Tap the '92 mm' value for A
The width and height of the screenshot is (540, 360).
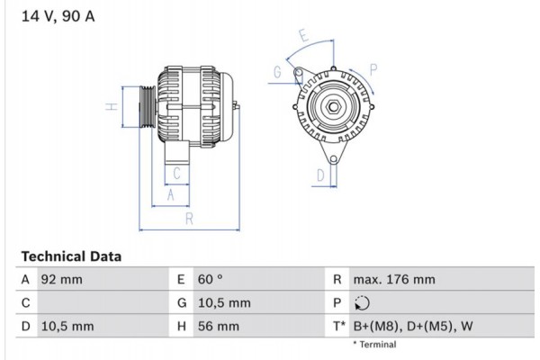(x=62, y=280)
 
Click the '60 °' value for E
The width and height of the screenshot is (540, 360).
(x=211, y=280)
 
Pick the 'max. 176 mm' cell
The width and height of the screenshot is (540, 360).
(x=394, y=280)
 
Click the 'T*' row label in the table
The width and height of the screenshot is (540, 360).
(x=338, y=327)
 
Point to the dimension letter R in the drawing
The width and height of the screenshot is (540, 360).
(x=188, y=219)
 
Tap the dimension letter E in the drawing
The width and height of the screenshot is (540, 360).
(x=303, y=37)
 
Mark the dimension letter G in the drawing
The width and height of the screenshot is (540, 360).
(x=278, y=72)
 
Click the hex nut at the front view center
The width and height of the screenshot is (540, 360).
(x=332, y=109)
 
